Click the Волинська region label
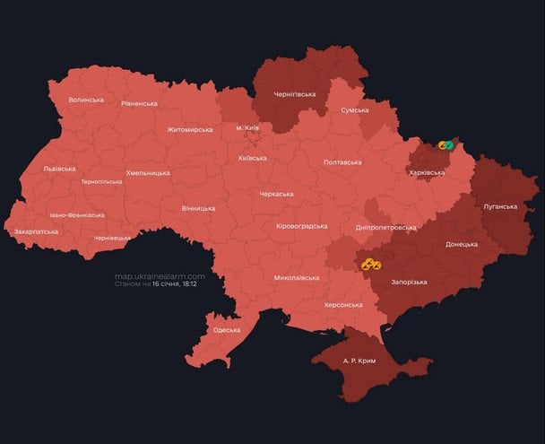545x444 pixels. point(85,100)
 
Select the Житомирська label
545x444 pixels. point(189,129)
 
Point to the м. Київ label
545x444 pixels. point(247,128)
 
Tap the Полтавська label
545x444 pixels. point(342,162)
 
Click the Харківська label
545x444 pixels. point(427,171)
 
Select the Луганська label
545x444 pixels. point(500,206)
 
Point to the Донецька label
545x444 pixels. point(462,244)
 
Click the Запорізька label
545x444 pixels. point(410,283)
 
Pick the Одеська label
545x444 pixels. point(226,330)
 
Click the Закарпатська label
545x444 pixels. point(37,231)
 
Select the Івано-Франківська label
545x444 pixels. point(77,215)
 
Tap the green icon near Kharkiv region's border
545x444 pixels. point(448,144)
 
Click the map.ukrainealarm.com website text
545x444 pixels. point(160,276)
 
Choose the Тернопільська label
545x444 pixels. point(102,181)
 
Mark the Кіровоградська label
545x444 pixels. point(301,226)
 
